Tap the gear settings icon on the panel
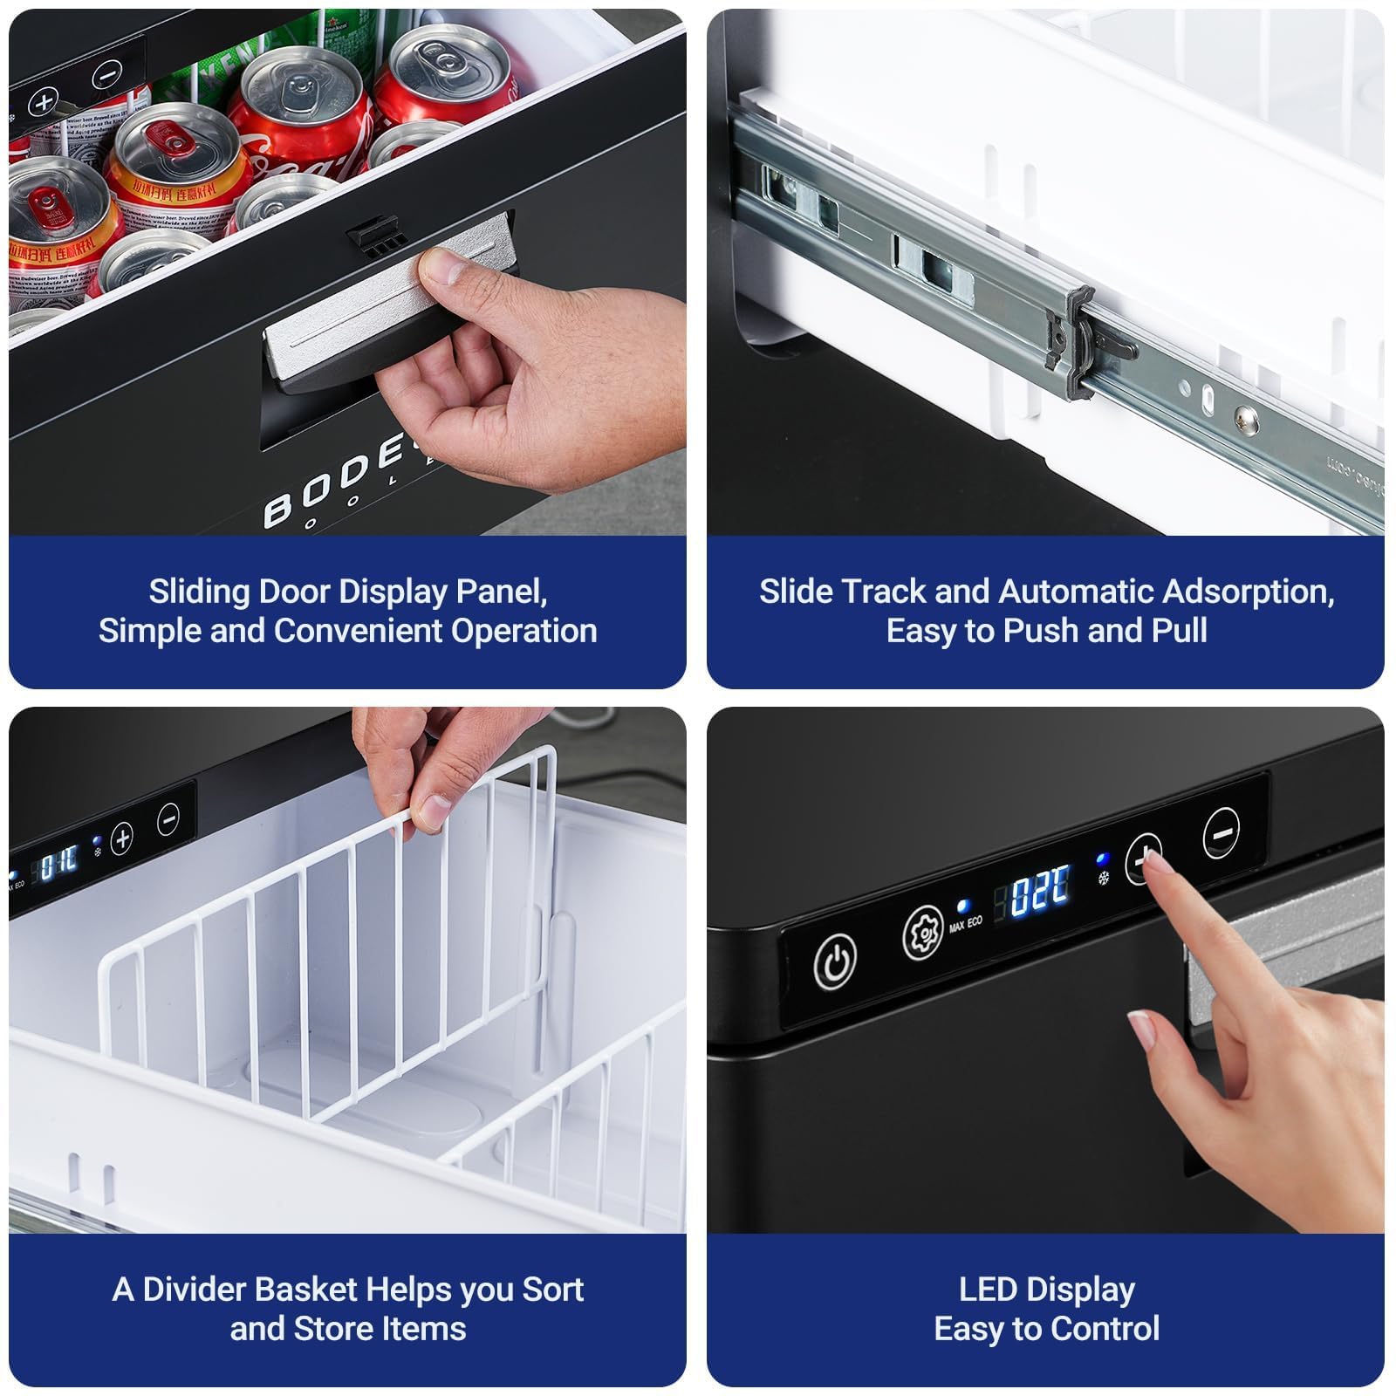(x=922, y=933)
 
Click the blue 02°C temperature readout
(x=1040, y=891)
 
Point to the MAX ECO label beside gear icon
(x=965, y=923)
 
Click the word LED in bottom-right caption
(x=988, y=1290)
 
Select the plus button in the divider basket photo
(x=122, y=838)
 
